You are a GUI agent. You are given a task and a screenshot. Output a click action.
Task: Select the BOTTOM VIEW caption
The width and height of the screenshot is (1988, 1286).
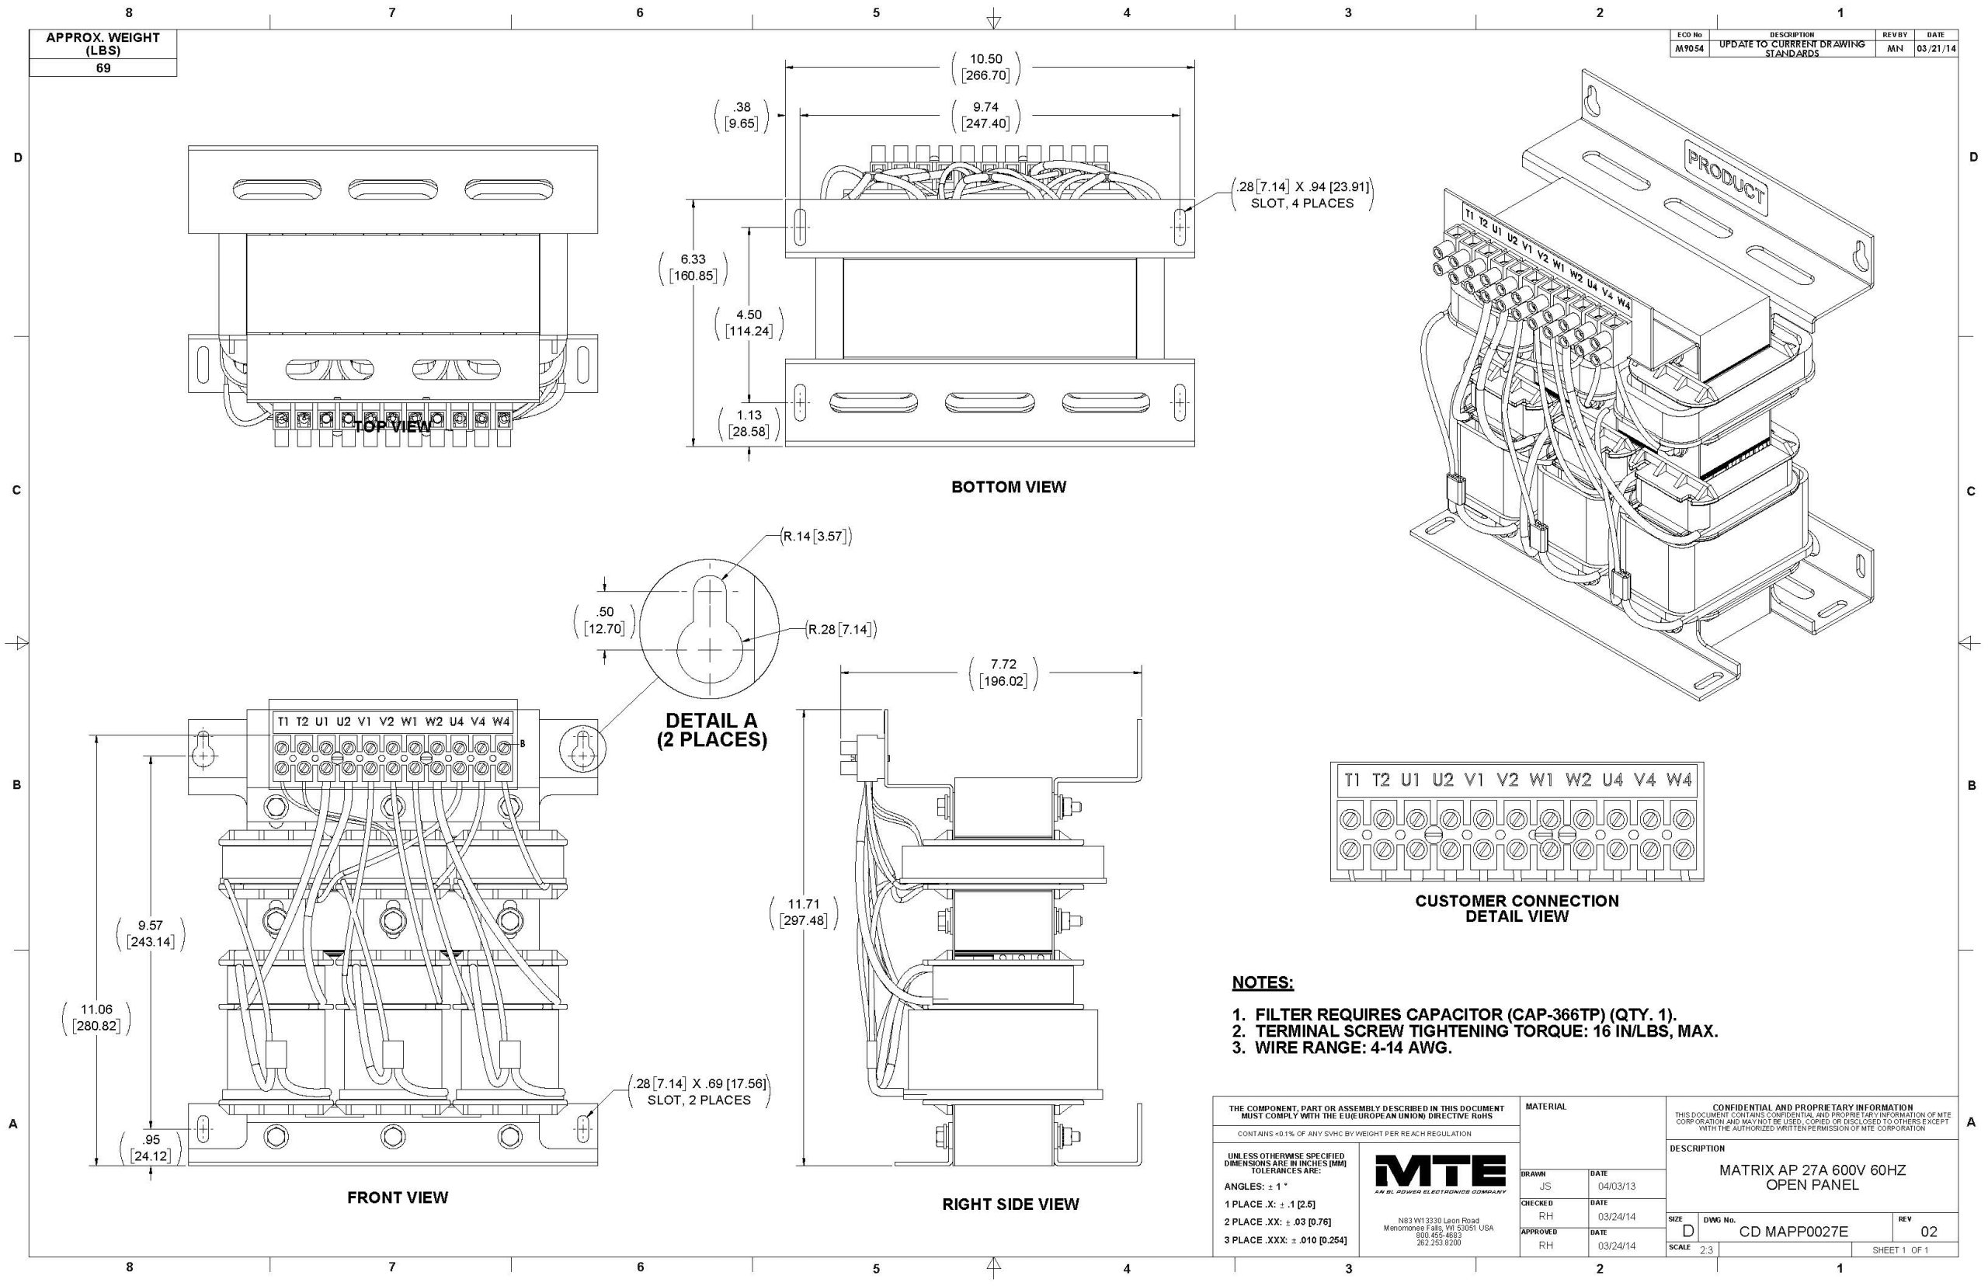[1009, 487]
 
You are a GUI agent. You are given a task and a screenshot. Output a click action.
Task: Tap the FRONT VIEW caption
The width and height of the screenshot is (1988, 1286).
[398, 1197]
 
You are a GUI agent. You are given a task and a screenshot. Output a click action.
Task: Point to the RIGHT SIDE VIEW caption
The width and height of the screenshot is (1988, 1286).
[1010, 1204]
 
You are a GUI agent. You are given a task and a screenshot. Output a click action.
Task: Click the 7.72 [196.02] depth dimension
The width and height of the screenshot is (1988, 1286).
[1003, 673]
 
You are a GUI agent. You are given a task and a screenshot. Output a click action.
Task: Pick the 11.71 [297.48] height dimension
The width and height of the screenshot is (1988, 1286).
[803, 912]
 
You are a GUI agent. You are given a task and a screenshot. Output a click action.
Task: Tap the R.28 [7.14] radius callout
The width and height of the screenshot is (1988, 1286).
[841, 629]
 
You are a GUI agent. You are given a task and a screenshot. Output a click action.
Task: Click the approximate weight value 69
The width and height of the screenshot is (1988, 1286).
[103, 68]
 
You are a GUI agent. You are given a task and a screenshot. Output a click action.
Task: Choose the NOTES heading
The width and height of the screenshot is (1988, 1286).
[1263, 983]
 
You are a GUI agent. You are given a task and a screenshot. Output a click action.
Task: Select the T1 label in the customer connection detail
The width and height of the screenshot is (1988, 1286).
[1353, 780]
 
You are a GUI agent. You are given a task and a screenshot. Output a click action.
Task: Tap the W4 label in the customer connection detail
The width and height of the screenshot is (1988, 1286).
[1679, 780]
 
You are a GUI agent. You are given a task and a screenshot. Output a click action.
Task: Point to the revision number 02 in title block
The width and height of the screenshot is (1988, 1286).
[1929, 1232]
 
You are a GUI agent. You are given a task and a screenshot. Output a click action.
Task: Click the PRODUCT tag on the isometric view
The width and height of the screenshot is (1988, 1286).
[1726, 177]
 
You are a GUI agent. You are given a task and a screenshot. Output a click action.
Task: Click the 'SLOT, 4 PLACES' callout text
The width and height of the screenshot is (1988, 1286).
[1302, 203]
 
